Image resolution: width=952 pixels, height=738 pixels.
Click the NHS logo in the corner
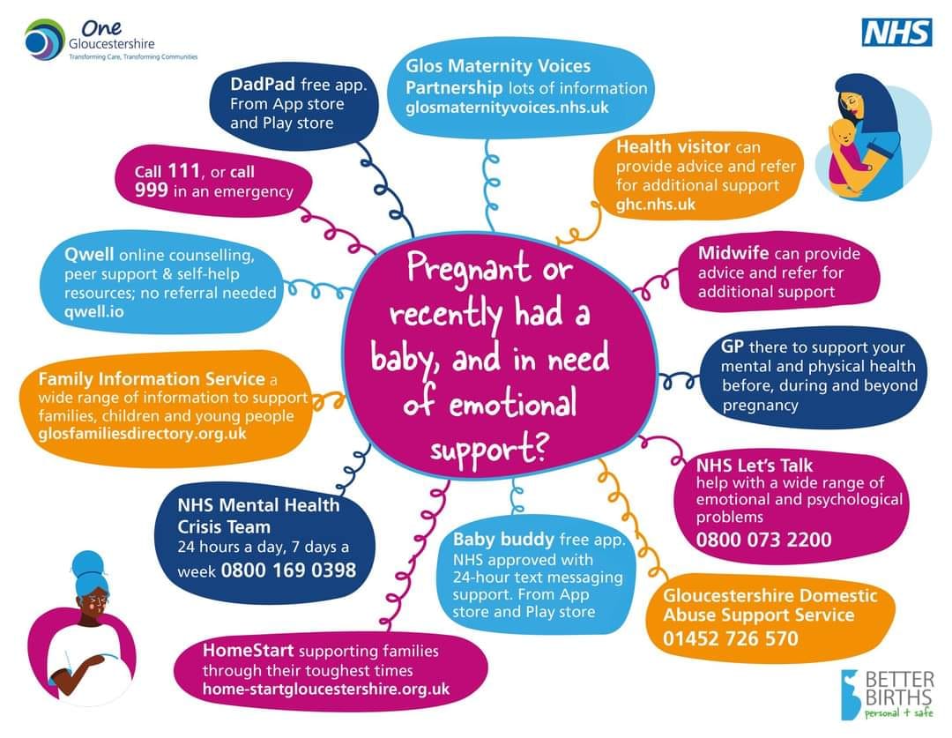click(896, 33)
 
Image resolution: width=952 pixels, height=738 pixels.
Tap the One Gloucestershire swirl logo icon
click(44, 40)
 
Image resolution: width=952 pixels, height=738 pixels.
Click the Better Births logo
click(888, 694)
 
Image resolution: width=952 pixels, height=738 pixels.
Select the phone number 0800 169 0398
click(288, 570)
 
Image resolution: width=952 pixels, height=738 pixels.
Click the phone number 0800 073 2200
click(763, 540)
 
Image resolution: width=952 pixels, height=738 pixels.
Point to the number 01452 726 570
click(731, 638)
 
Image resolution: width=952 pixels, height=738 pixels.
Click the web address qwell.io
click(94, 311)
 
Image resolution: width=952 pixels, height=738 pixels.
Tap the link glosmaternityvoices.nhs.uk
click(507, 108)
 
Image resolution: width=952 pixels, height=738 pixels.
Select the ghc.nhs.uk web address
click(656, 204)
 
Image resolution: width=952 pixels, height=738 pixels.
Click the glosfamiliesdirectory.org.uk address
click(142, 434)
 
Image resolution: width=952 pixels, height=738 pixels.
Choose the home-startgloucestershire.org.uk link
click(326, 689)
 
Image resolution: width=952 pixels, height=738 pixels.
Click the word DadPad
click(263, 84)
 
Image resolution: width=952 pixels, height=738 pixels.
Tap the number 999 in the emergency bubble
click(152, 190)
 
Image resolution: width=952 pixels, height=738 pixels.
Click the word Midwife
click(733, 253)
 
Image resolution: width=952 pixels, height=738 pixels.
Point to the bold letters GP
click(733, 347)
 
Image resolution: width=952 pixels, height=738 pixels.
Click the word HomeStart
click(248, 651)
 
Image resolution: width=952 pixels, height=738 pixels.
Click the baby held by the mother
click(847, 152)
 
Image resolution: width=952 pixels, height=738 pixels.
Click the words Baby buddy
click(503, 539)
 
